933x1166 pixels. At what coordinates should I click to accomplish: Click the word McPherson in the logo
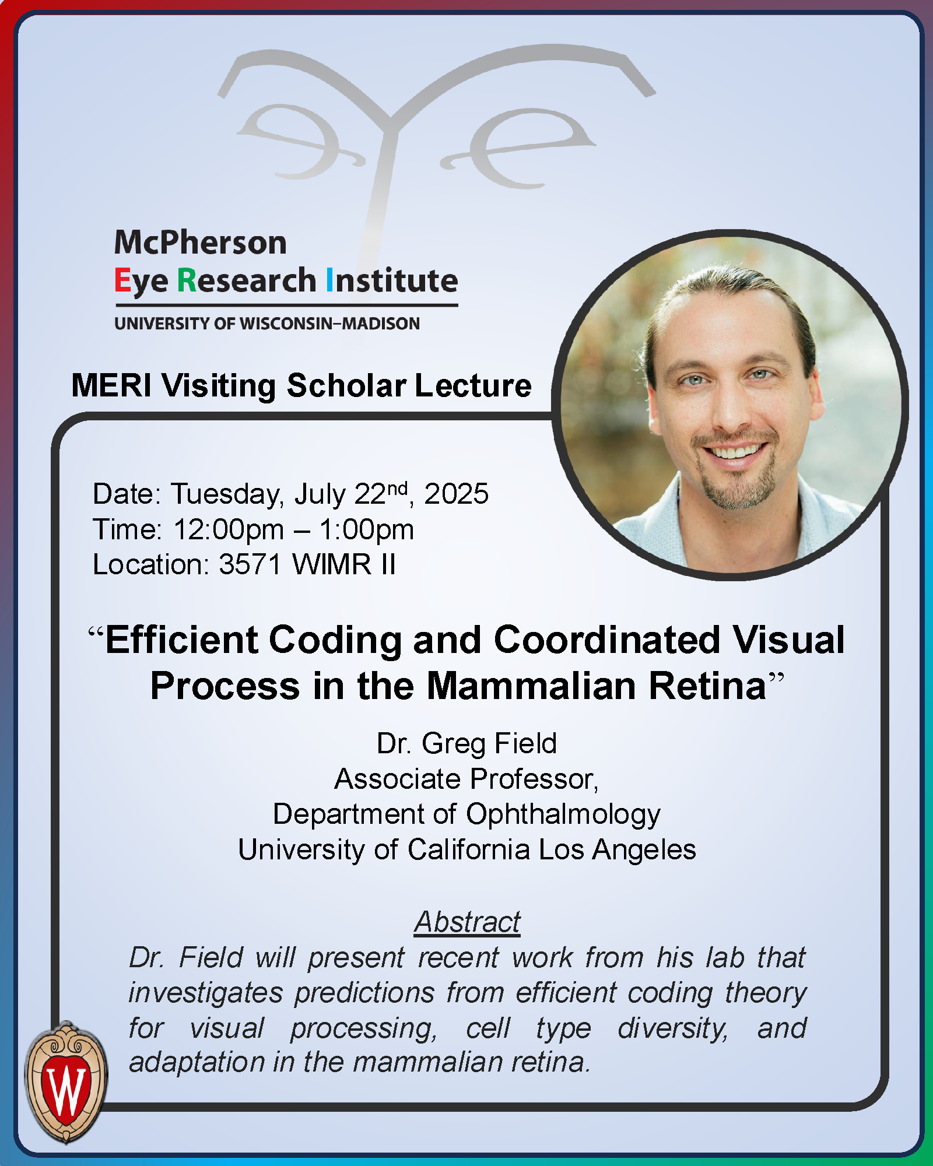click(201, 243)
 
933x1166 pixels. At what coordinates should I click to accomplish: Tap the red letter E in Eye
click(122, 280)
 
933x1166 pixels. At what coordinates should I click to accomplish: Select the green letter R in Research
click(187, 280)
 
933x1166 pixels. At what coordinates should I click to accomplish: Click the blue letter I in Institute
click(330, 280)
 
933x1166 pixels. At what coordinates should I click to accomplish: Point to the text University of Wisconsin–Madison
click(267, 324)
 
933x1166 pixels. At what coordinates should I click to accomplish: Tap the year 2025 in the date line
click(456, 494)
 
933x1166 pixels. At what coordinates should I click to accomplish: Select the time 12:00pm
click(229, 529)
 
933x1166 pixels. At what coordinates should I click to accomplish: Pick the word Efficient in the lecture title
click(181, 640)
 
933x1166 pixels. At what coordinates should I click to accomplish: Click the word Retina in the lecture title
click(707, 686)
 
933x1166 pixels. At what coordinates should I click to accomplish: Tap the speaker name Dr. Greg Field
click(466, 743)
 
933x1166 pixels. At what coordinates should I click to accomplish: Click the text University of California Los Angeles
click(466, 849)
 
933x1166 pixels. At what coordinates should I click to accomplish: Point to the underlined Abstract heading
click(466, 922)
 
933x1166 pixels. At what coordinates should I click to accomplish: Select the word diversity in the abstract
click(673, 1028)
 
